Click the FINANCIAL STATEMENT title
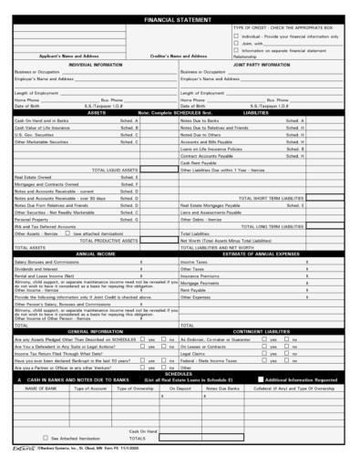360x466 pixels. [x=180, y=19]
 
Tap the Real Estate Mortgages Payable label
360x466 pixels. [x=219, y=205]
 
